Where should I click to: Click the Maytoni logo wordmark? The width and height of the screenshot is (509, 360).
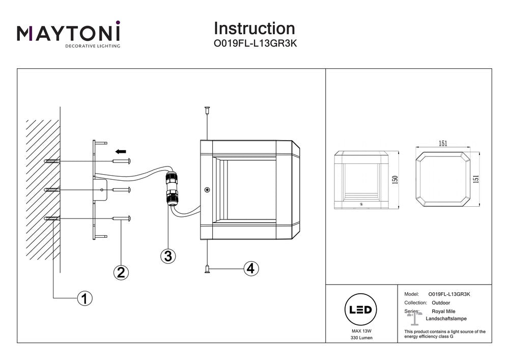pos(69,34)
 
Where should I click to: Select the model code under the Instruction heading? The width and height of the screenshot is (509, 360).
pos(254,44)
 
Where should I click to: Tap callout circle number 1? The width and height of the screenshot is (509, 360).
pos(84,298)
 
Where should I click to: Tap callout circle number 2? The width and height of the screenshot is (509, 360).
pos(120,272)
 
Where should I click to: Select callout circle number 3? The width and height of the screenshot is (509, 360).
pos(168,256)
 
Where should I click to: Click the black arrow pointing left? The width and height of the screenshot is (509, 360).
pos(120,151)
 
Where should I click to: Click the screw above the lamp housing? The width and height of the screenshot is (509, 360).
pos(207,110)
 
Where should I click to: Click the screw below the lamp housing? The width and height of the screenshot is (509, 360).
pos(207,269)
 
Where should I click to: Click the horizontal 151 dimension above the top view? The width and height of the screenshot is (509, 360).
pos(443,144)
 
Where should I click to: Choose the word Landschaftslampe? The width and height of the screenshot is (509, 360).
pos(442,318)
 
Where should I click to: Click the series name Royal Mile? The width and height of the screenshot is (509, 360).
pos(443,311)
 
